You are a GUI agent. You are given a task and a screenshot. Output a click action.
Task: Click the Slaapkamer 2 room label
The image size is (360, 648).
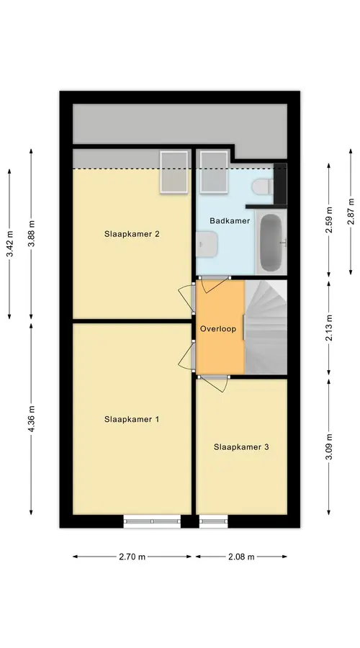[132, 234]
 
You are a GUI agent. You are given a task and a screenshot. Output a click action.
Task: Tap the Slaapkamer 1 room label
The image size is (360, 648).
[132, 419]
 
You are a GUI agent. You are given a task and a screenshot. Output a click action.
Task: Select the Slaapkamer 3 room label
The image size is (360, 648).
[241, 446]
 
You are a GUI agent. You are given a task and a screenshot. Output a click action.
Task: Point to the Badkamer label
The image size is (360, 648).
[230, 221]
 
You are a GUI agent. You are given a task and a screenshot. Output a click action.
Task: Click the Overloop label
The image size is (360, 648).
[218, 329]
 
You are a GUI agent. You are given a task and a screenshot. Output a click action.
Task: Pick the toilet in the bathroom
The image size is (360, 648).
[261, 186]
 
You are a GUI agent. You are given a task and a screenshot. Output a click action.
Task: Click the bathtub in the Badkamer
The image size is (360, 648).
[271, 242]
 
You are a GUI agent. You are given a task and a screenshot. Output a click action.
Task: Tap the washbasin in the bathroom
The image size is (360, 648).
[207, 244]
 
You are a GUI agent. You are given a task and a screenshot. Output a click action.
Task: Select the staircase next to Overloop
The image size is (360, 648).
[266, 327]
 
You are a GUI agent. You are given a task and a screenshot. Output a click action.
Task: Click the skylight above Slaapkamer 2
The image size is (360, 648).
[174, 171]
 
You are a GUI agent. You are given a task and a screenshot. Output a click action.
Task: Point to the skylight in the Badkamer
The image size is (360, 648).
[214, 171]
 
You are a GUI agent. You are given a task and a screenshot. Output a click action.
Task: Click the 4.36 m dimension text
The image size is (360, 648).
[32, 419]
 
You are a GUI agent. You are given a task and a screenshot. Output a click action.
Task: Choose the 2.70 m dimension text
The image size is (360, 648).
[132, 557]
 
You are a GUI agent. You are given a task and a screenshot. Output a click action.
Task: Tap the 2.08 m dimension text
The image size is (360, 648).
[241, 557]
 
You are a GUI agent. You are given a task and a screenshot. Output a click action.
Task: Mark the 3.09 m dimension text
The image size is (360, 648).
[329, 446]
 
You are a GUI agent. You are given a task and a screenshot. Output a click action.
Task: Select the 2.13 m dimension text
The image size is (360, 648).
[329, 328]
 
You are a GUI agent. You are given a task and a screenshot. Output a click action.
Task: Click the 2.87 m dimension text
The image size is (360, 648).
[351, 212]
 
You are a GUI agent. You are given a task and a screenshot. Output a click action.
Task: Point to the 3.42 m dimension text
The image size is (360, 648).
[10, 244]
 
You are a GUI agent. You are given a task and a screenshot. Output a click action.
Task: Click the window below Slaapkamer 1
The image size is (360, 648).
[152, 521]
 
